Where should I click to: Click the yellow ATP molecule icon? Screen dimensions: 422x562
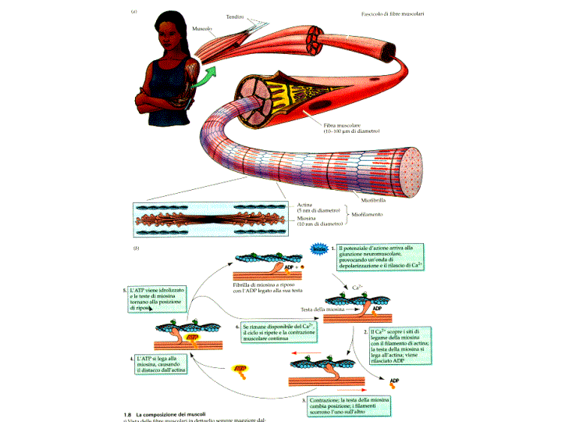tap(239, 370)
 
